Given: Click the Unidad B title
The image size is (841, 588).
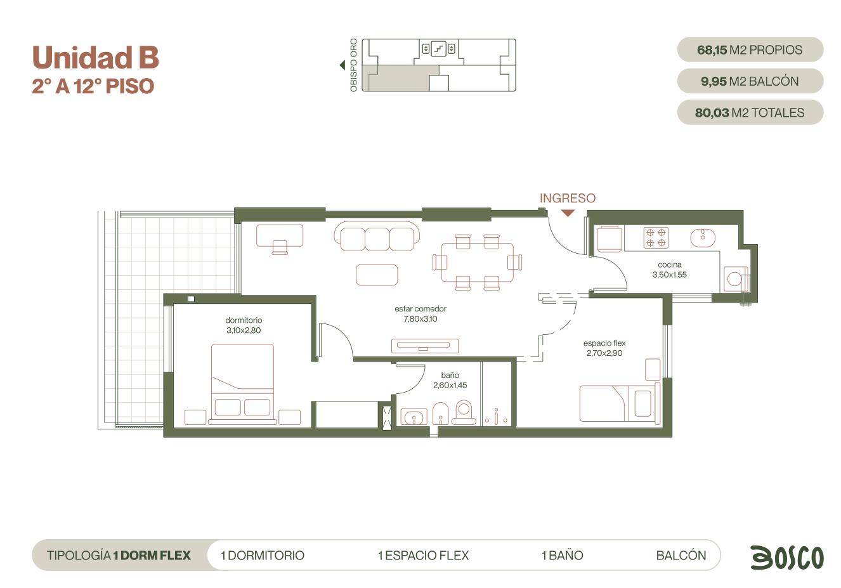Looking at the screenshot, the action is (x=96, y=58).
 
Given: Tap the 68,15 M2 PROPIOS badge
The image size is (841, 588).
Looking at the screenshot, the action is (x=750, y=49).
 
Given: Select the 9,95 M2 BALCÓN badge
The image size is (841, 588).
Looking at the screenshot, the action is (x=750, y=81).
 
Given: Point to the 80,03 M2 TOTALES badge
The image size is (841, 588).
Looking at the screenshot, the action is (x=750, y=113).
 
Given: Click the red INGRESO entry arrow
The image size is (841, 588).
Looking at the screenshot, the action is (x=568, y=213).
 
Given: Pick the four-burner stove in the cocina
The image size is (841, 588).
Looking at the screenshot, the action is (x=656, y=238).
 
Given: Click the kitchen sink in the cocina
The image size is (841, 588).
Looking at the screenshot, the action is (x=703, y=238).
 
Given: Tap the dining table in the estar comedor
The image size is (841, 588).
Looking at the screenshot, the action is (x=477, y=262).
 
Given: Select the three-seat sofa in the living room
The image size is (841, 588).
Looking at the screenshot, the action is (x=377, y=236).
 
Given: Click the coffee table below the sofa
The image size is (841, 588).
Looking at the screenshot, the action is (x=377, y=275).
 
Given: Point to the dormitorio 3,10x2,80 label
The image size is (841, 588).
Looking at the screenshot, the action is (x=244, y=325).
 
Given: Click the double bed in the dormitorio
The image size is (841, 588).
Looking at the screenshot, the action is (x=242, y=384).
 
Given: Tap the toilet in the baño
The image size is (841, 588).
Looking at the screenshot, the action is (x=464, y=412).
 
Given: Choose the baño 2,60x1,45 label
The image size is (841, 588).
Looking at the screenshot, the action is (x=450, y=380).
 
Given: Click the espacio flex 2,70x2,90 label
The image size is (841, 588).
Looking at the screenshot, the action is (x=604, y=348).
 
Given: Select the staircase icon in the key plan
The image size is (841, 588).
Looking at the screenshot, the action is (x=438, y=48).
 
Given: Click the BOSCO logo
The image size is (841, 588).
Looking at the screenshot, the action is (x=787, y=557).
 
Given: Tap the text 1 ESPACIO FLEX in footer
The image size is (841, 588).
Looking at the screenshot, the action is (x=424, y=556).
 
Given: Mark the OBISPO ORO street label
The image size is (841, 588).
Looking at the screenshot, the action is (x=353, y=65).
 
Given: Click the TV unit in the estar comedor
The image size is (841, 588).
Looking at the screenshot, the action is (x=425, y=346).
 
